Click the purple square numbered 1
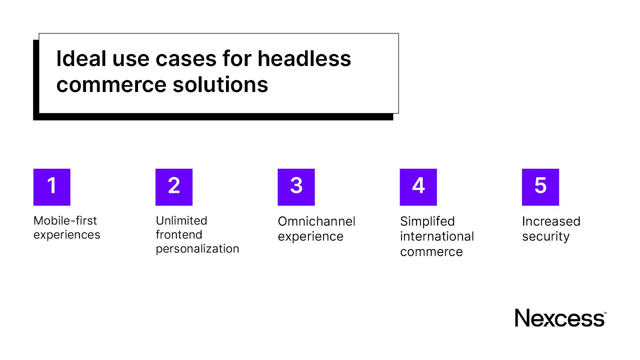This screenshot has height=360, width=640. pyautogui.click(x=52, y=187)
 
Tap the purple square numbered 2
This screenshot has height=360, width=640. pyautogui.click(x=174, y=187)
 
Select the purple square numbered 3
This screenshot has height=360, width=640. pyautogui.click(x=296, y=187)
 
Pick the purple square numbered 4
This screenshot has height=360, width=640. pyautogui.click(x=418, y=187)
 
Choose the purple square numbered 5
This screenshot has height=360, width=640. pyautogui.click(x=540, y=187)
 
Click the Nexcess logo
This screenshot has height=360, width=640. pyautogui.click(x=560, y=318)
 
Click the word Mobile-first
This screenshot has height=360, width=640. pyautogui.click(x=65, y=221)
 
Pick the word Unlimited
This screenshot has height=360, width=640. pyautogui.click(x=181, y=221)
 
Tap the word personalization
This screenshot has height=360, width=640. pyautogui.click(x=197, y=249)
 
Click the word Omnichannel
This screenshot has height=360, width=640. pyautogui.click(x=316, y=221)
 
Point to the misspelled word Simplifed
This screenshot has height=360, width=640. pyautogui.click(x=427, y=221)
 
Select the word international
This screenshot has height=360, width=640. pyautogui.click(x=437, y=236)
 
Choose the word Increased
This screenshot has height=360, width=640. pyautogui.click(x=551, y=221)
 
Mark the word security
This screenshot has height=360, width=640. pyautogui.click(x=546, y=237)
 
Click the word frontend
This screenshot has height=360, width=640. pyautogui.click(x=179, y=235)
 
